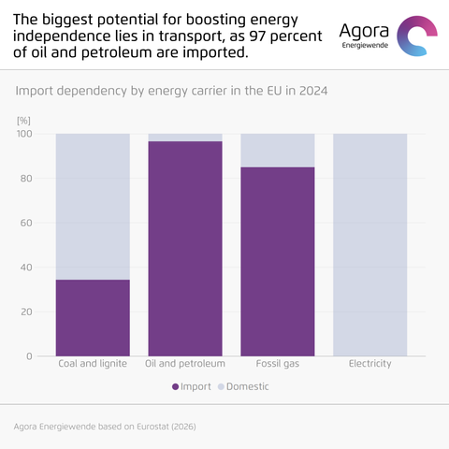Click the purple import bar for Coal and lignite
(93, 318)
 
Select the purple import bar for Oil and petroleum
(185, 249)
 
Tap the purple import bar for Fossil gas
(278, 262)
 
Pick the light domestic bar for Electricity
(369, 245)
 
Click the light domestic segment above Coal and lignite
(93, 207)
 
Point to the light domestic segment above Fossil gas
(278, 151)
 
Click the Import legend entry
(192, 386)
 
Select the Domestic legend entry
(243, 386)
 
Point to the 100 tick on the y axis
(24, 134)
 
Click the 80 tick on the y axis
(26, 179)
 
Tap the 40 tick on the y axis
(26, 268)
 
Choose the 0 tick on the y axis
(29, 356)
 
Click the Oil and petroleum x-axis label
(185, 364)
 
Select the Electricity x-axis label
(369, 364)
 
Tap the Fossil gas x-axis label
(278, 364)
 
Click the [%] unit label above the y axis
(23, 121)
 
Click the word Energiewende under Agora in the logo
(365, 46)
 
